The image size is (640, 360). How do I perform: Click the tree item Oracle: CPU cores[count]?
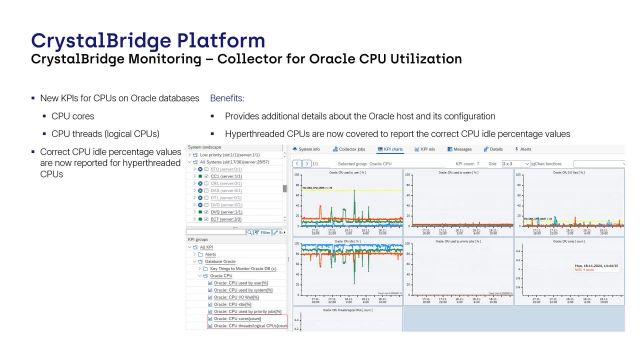point(242,318)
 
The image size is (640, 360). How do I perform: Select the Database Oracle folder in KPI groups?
point(219,262)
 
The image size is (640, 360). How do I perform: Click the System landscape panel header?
point(210,146)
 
